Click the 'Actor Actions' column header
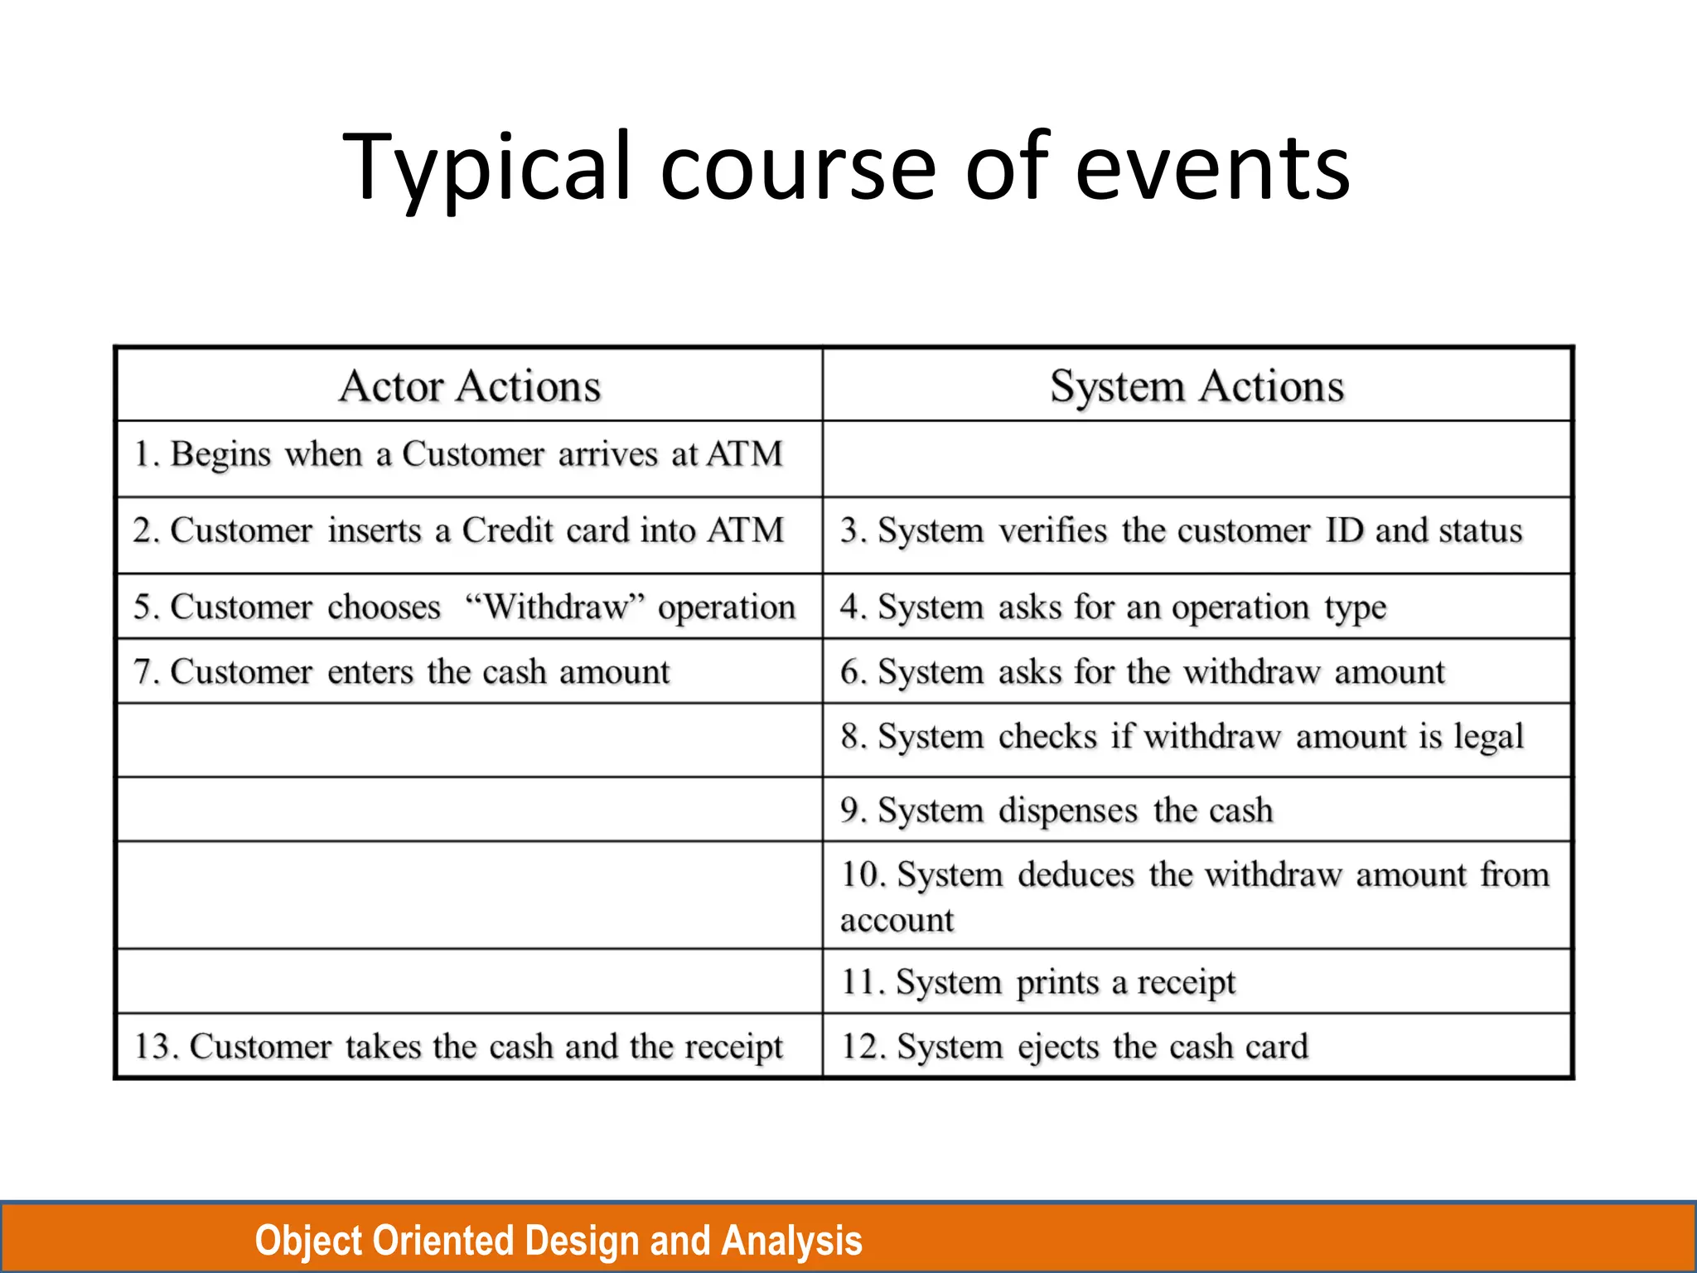coord(470,386)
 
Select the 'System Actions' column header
coord(1197,386)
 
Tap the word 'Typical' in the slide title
coord(486,168)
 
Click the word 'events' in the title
coord(1212,168)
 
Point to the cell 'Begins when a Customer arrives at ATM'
coord(458,454)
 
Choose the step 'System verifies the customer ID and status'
coord(1182,530)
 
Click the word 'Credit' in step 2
coord(507,530)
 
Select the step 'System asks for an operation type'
coord(1113,607)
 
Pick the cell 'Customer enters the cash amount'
coord(402,671)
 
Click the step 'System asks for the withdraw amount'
coord(1143,671)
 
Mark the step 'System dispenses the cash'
coord(1056,810)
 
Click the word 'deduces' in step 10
coord(1076,875)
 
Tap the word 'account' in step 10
coord(897,920)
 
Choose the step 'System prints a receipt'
coord(1038,982)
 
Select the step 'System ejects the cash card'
coord(1075,1047)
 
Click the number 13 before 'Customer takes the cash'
coord(152,1047)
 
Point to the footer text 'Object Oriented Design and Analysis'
coord(558,1241)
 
